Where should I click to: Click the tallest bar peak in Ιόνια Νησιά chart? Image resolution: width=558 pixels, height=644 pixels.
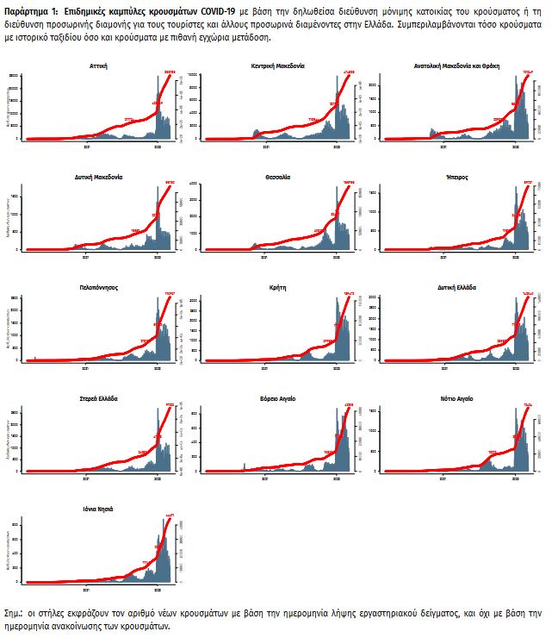(164, 520)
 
